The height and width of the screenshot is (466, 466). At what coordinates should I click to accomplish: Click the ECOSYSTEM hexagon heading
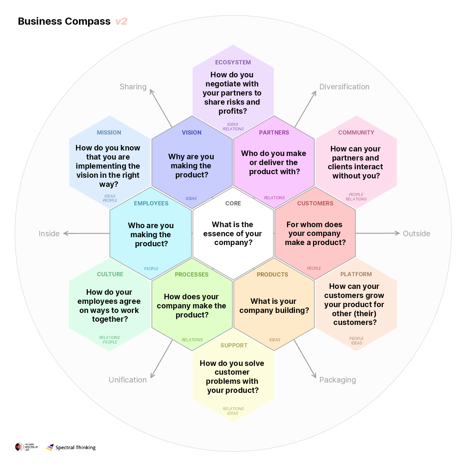tap(233, 62)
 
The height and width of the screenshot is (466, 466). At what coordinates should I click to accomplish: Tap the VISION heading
tap(192, 133)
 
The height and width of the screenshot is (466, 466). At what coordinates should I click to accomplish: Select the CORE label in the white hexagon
tap(233, 203)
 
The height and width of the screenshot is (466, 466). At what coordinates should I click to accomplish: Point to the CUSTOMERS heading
tap(315, 203)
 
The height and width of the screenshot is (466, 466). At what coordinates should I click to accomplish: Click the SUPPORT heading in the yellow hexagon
tap(234, 345)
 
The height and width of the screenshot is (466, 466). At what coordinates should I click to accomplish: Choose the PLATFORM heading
tap(356, 274)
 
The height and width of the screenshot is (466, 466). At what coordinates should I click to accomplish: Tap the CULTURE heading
tap(110, 274)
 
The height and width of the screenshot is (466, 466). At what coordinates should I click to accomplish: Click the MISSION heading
tap(109, 133)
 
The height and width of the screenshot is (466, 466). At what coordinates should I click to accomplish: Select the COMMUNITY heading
tap(356, 133)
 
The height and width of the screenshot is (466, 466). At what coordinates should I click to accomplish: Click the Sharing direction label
tap(133, 87)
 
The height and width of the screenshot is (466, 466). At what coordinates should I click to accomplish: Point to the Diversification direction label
tap(344, 87)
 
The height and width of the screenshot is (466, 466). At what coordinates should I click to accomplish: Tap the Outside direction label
tap(416, 234)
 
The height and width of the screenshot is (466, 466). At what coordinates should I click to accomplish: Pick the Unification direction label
tap(127, 380)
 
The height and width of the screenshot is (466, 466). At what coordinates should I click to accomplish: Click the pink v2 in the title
tap(121, 21)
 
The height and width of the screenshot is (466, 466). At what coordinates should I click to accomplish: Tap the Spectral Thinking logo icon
tap(50, 447)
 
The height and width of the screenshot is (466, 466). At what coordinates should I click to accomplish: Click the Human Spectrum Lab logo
tap(26, 447)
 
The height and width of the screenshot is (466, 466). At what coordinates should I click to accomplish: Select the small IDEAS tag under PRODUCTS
tap(274, 340)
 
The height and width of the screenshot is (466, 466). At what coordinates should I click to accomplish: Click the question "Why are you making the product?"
tap(191, 166)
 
